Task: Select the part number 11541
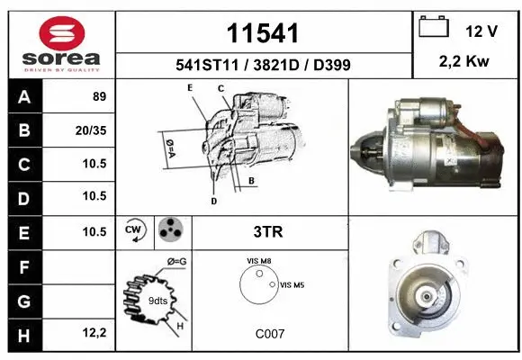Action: click(x=263, y=34)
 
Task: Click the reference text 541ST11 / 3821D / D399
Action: click(x=263, y=66)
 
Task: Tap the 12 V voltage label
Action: click(x=481, y=31)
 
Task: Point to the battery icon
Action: click(x=435, y=29)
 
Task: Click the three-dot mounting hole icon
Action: click(x=171, y=232)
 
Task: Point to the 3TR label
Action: click(x=269, y=232)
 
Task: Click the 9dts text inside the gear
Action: click(x=158, y=300)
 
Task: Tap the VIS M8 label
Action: click(x=258, y=261)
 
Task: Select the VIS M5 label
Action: click(x=292, y=284)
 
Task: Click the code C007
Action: click(x=270, y=333)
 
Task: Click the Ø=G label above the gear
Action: click(x=176, y=262)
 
